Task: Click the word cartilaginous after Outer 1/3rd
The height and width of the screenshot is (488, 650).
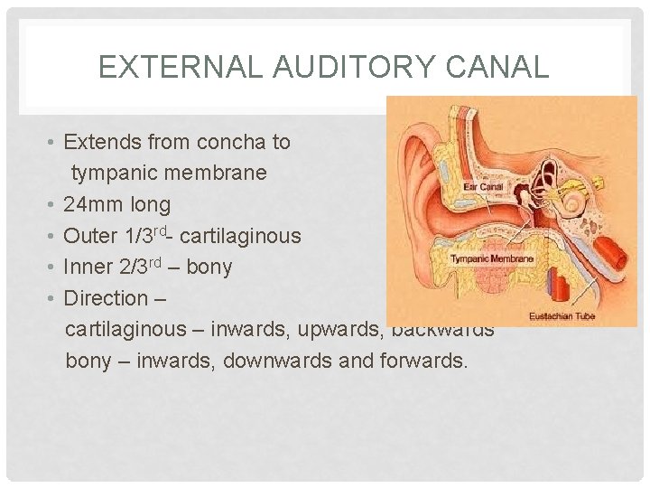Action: pos(241,236)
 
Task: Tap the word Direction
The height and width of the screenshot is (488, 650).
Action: pos(106,297)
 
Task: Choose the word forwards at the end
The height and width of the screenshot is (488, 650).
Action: pos(424,361)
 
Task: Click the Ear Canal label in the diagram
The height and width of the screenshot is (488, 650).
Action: pos(482,187)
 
